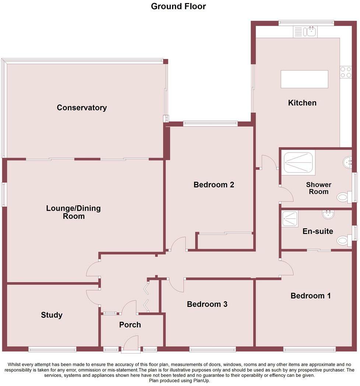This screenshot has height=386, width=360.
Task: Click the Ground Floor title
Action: [x=179, y=6]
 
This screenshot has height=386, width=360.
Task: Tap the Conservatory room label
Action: [x=82, y=108]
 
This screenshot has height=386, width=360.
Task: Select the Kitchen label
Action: [x=302, y=103]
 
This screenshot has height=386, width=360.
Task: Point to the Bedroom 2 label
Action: [x=213, y=185]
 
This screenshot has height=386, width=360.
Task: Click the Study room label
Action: [x=52, y=315]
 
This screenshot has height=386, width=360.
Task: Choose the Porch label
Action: [x=130, y=325]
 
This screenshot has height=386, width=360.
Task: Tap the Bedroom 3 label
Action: [x=207, y=304]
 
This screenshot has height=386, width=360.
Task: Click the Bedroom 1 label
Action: [x=311, y=296]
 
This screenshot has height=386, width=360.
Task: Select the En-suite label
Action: [x=318, y=231]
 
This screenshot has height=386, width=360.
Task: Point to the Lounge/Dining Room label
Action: [x=73, y=212]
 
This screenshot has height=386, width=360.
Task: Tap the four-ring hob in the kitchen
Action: [x=346, y=72]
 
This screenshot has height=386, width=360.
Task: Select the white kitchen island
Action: [x=304, y=79]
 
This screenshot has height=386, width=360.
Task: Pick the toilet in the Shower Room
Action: [x=344, y=197]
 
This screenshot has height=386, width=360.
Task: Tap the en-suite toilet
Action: [x=344, y=240]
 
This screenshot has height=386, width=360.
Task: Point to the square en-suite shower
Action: [x=290, y=219]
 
